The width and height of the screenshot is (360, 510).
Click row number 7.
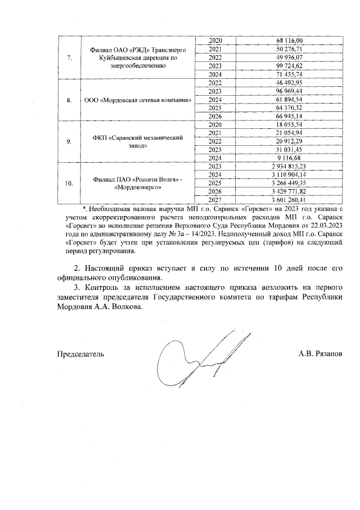69,57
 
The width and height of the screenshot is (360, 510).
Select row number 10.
69,184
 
